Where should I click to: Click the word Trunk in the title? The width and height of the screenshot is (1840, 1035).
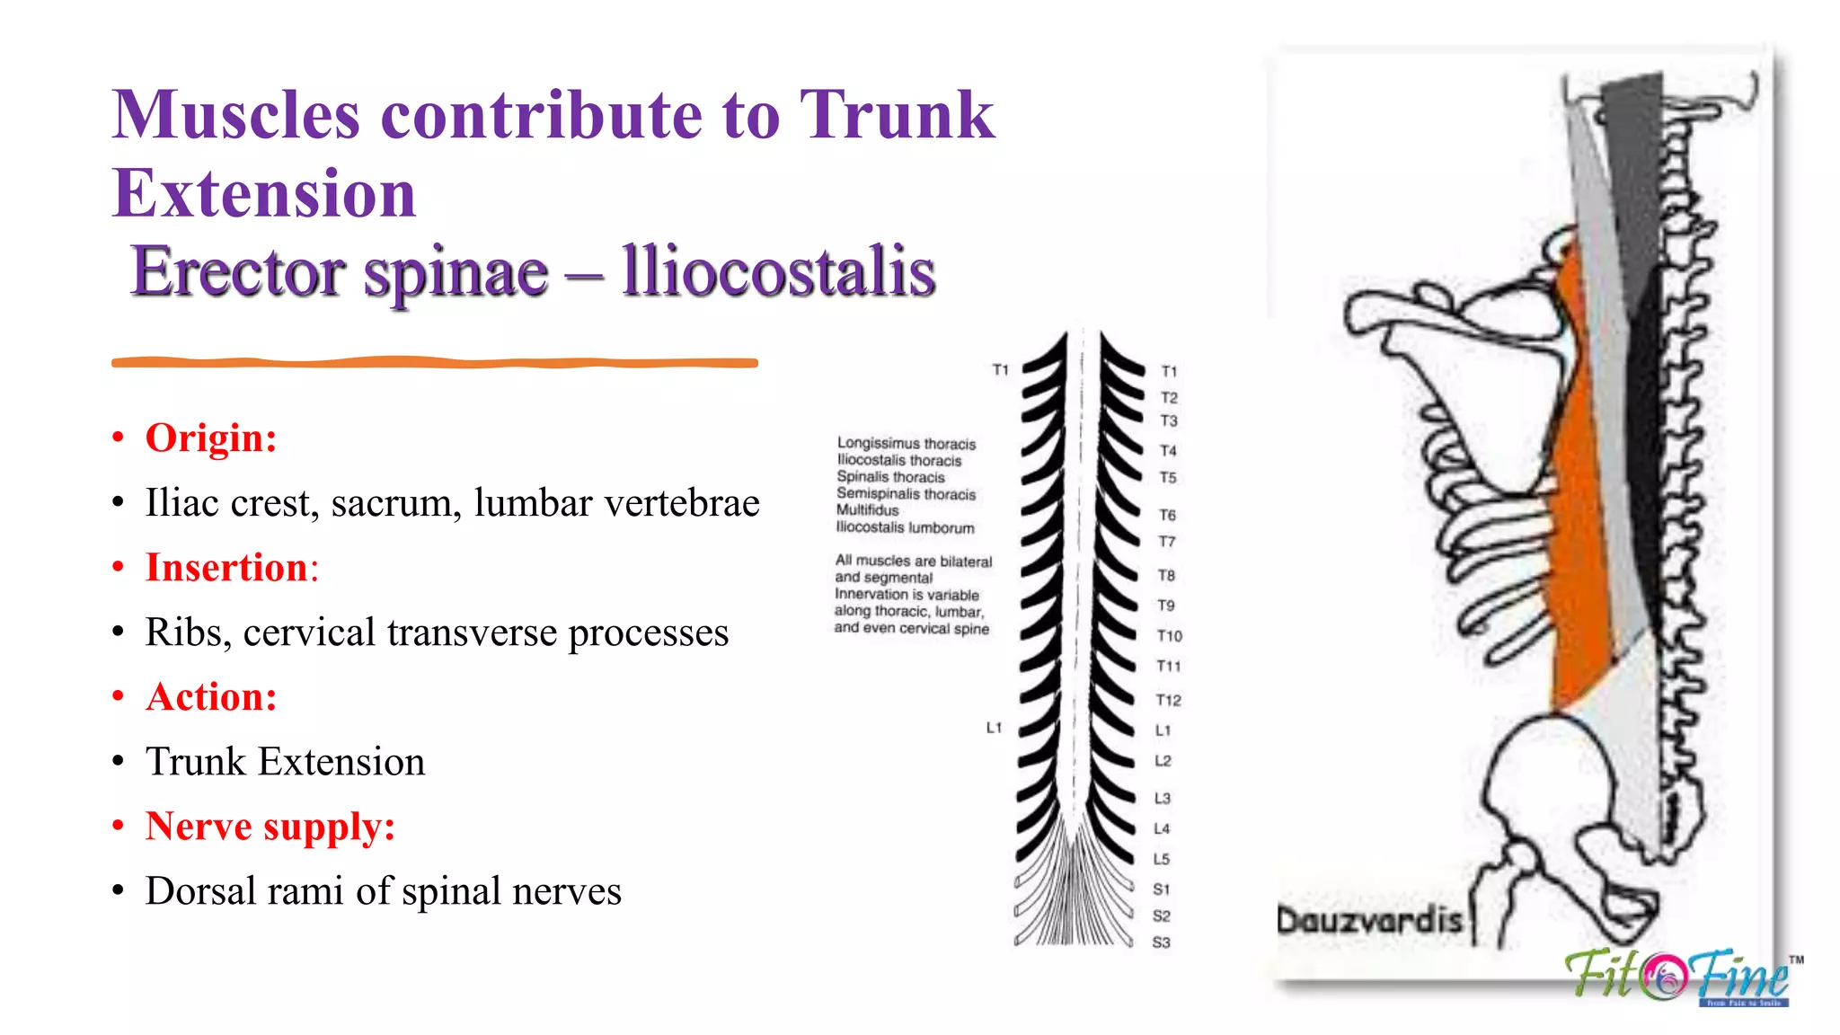coord(897,115)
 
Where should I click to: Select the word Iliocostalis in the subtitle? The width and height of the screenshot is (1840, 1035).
coord(778,271)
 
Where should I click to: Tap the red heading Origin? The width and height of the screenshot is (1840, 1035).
coord(211,438)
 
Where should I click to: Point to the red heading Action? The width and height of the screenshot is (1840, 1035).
coord(211,697)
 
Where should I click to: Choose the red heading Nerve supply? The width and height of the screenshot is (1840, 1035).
coord(270,827)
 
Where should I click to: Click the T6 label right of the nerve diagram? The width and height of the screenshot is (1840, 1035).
coord(1167,515)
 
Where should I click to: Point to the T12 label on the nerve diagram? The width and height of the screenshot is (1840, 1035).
coord(1168,700)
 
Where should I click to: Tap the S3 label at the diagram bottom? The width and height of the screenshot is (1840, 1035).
coord(1161,942)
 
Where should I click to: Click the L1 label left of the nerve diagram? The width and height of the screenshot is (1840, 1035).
coord(994,728)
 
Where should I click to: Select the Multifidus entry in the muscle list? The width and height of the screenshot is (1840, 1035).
coord(867,510)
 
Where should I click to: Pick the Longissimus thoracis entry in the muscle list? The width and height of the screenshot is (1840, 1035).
coord(906,444)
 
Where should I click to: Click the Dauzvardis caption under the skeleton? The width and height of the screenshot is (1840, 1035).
coord(1370,920)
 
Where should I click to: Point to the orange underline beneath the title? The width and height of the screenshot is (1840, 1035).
coord(434,363)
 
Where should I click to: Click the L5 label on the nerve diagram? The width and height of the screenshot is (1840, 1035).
coord(1161,859)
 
